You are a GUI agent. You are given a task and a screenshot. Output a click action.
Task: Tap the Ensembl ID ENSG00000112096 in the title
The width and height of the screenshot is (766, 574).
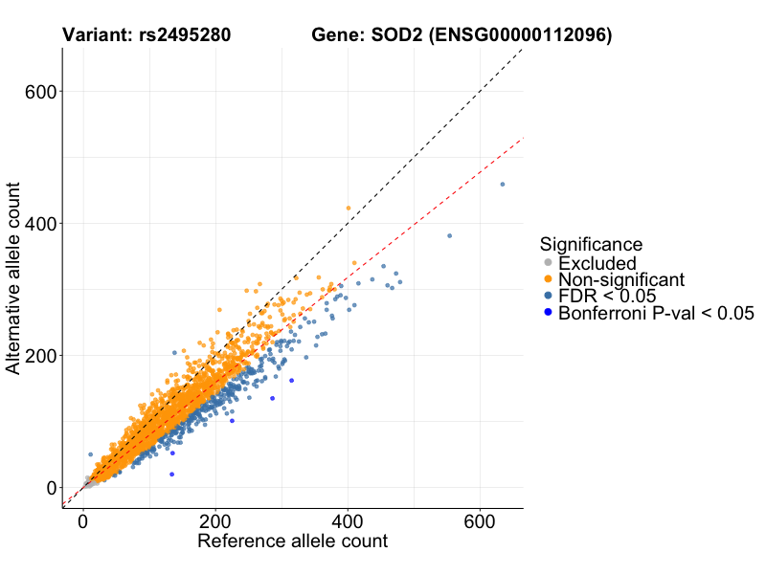click(519, 35)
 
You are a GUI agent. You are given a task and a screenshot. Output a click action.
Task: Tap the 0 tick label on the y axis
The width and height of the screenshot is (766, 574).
click(52, 488)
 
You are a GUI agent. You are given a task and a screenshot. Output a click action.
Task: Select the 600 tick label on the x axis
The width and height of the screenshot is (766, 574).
click(479, 522)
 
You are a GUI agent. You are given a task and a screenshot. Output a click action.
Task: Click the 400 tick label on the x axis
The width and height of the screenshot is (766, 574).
click(347, 522)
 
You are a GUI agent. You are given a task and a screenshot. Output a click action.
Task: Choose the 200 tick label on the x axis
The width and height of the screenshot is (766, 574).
click(215, 522)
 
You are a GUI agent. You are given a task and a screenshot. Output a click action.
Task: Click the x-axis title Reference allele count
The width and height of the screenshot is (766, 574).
click(292, 541)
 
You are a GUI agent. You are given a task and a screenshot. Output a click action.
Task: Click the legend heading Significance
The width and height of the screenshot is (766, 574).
click(591, 244)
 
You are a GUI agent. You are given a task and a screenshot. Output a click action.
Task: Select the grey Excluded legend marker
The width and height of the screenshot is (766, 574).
click(548, 263)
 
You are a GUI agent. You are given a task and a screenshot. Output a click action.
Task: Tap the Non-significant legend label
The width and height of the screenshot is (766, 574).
click(621, 279)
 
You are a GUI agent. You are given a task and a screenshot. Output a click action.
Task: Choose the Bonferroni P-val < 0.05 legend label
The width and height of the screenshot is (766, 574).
click(657, 313)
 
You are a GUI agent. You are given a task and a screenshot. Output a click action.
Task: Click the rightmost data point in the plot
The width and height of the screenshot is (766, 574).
click(503, 185)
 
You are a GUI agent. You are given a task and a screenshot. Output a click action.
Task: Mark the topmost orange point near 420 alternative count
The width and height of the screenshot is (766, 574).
click(349, 208)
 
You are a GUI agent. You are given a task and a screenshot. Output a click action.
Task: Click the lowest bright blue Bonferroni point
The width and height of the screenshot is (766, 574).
click(172, 475)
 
